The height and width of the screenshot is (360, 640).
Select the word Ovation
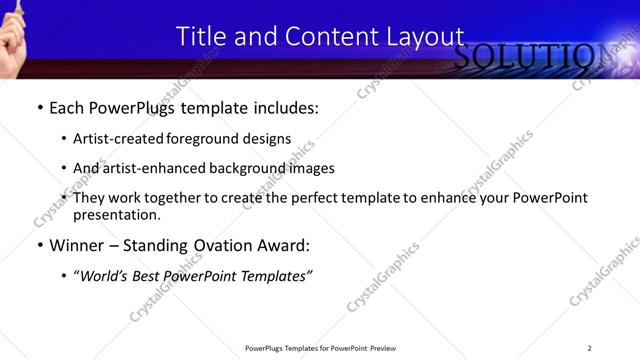[223, 245]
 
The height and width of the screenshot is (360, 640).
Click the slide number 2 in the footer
[589, 348]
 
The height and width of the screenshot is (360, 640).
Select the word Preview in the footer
[384, 348]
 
